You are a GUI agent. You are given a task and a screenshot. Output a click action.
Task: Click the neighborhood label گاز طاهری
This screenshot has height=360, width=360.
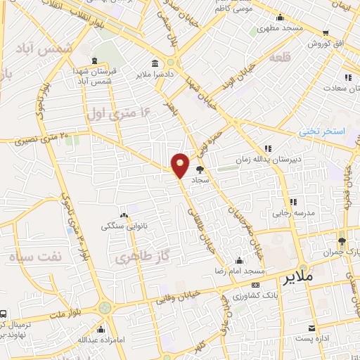pyautogui.click(x=134, y=257)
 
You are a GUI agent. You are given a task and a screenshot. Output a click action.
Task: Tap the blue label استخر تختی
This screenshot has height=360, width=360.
pyautogui.click(x=323, y=131)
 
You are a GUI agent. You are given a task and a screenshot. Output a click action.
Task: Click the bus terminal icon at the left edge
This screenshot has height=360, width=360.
pyautogui.click(x=4, y=314)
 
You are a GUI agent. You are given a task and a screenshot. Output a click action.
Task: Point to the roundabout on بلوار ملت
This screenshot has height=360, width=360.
pyautogui.click(x=105, y=307)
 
